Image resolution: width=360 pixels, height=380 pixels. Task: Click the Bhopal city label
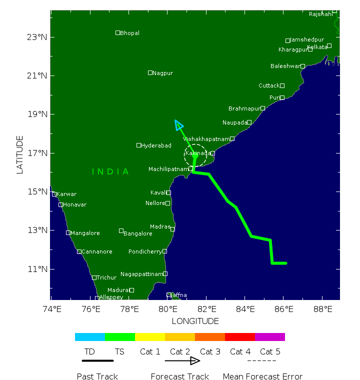click(x=129, y=33)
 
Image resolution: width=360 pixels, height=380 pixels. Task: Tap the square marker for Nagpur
click(x=150, y=73)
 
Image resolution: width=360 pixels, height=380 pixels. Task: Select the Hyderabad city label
click(x=156, y=145)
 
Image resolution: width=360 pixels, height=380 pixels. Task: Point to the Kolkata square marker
click(x=329, y=46)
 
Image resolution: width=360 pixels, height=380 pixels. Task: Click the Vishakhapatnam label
click(x=206, y=139)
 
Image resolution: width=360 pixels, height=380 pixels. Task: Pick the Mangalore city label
click(x=85, y=233)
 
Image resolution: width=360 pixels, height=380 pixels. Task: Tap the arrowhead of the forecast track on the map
click(x=178, y=124)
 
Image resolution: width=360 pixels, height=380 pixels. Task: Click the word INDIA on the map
click(x=110, y=172)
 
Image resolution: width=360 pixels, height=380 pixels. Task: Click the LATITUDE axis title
click(x=20, y=154)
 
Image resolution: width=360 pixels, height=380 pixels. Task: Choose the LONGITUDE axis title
click(x=195, y=321)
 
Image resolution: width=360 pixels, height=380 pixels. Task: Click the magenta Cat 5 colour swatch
click(x=270, y=337)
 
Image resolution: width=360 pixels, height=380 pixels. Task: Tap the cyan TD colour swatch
click(x=90, y=337)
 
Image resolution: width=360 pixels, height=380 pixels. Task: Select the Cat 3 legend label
click(x=210, y=352)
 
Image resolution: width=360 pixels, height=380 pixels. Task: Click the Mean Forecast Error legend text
click(x=262, y=376)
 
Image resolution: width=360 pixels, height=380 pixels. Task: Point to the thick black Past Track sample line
click(x=97, y=360)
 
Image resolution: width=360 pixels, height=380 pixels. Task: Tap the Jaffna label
click(x=178, y=295)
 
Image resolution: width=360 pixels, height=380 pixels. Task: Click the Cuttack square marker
click(x=282, y=86)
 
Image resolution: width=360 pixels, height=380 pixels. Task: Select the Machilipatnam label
click(x=168, y=169)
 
